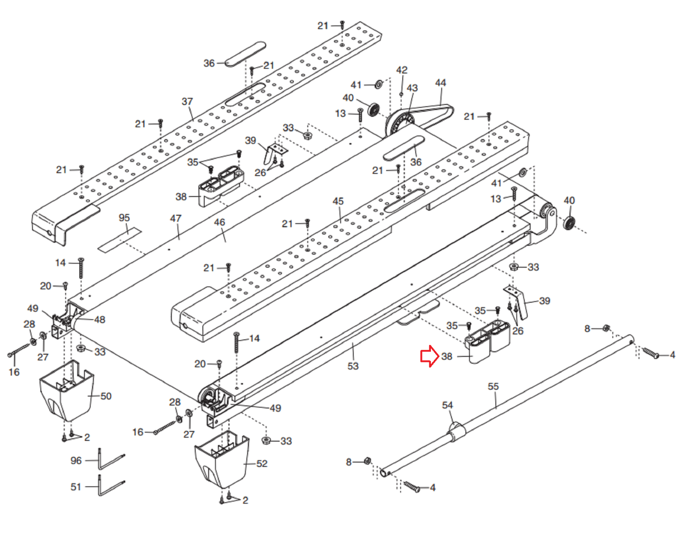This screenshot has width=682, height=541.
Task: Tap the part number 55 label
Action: click(494, 386)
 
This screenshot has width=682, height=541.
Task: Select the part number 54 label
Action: click(448, 405)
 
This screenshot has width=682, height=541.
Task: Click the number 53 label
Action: click(353, 366)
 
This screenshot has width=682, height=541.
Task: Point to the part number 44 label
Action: click(441, 83)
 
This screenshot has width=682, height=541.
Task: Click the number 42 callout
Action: click(402, 70)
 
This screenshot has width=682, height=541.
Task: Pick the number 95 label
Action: click(124, 218)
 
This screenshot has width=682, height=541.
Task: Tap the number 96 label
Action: click(76, 460)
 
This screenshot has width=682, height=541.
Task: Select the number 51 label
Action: click(76, 487)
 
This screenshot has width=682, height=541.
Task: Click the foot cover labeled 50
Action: click(66, 391)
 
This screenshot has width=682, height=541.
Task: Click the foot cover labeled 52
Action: click(222, 460)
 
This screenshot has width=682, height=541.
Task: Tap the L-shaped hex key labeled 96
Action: click(110, 460)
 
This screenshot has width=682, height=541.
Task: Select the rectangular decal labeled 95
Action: click(119, 240)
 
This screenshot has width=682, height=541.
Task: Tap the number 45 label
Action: click(338, 201)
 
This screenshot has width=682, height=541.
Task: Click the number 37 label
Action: click(187, 101)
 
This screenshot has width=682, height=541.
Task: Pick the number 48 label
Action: click(100, 319)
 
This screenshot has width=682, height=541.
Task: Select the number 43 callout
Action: click(412, 88)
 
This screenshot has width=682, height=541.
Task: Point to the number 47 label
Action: click(176, 218)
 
